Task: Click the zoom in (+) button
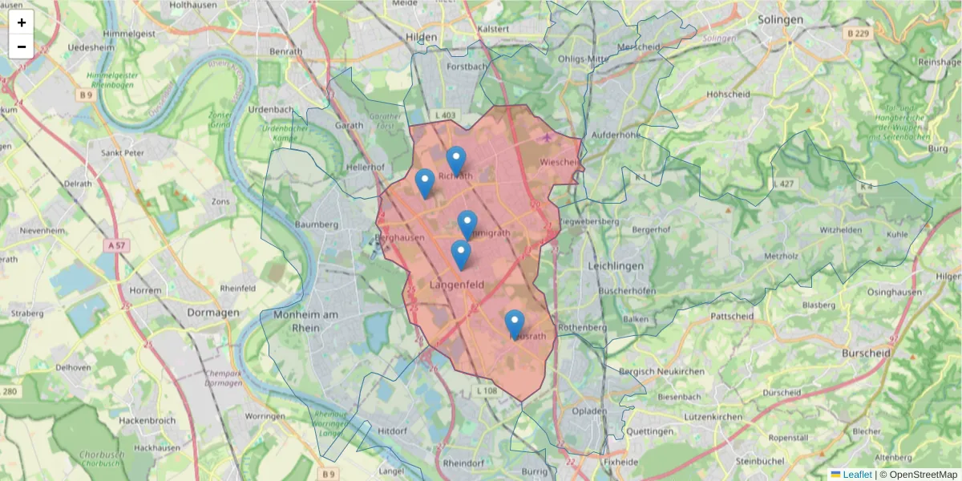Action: [x=22, y=22]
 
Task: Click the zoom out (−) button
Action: [x=22, y=46]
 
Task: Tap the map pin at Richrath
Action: [x=456, y=161]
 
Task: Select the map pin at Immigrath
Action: [x=467, y=225]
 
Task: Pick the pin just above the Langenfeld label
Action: [x=460, y=255]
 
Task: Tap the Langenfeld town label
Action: [x=459, y=285]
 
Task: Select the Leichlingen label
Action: [x=616, y=265]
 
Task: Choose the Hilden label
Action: [x=421, y=37]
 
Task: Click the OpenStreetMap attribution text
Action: [x=918, y=475]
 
